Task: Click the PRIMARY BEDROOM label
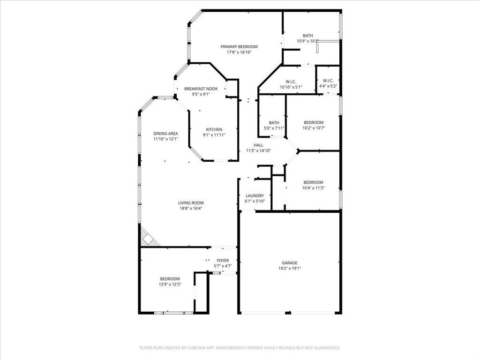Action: pos(239,46)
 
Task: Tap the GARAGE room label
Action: pos(289,263)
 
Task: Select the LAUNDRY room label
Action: pos(255,195)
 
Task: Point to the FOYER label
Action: pos(223,260)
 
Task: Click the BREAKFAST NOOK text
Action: pos(201,89)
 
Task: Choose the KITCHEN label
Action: pos(214,129)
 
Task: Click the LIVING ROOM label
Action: pos(191,203)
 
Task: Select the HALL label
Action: pos(258,145)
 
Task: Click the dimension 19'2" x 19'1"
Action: pos(289,269)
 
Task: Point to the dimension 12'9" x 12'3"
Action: pos(170,284)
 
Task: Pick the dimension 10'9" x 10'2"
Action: pos(307,41)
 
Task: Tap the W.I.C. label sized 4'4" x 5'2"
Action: pos(328,81)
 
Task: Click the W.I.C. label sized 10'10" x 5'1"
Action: pos(291,81)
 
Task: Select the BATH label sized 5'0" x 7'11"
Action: pos(274,122)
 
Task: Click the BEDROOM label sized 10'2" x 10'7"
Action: pos(313,122)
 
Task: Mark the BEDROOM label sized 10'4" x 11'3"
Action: pos(313,182)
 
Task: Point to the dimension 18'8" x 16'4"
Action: pos(191,209)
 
